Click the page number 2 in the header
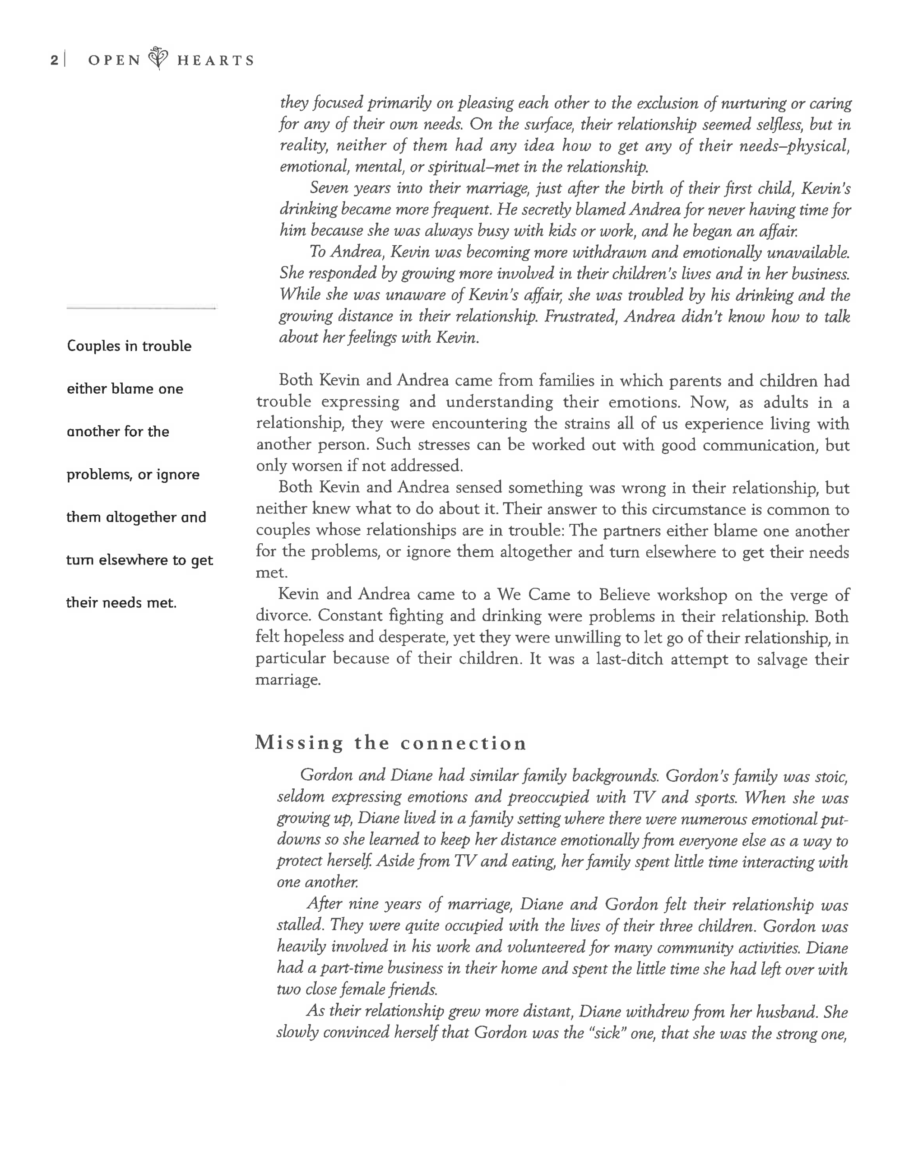[54, 60]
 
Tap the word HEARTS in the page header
[216, 60]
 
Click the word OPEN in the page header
[114, 60]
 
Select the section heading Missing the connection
[391, 743]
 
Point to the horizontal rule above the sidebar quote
[142, 307]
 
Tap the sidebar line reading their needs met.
[121, 603]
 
